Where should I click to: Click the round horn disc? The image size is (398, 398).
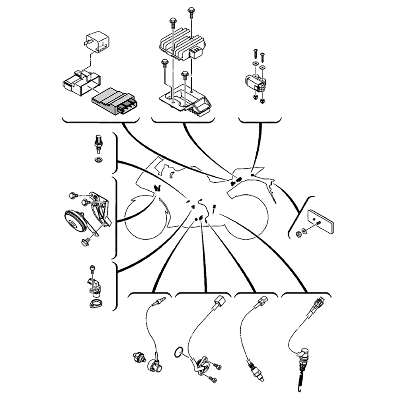(75, 220)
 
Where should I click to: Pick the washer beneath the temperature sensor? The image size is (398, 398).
(98, 160)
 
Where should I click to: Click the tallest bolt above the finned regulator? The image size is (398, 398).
(191, 12)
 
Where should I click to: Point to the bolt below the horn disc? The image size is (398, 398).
(84, 241)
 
